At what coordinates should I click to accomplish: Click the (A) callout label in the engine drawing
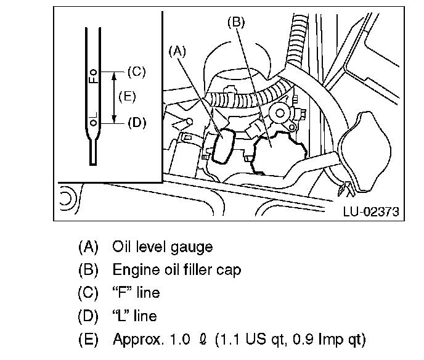coord(177,51)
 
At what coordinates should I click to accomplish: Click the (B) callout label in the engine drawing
coord(236,22)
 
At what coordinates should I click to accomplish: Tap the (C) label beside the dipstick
coord(137,72)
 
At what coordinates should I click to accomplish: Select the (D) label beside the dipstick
coord(137,123)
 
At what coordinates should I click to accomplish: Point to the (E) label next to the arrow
coord(127,97)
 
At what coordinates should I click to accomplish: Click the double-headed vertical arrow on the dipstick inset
coord(114,97)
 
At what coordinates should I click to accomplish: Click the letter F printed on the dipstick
coord(93,80)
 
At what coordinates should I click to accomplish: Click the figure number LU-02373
coord(371,211)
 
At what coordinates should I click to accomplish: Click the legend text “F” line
coord(136,293)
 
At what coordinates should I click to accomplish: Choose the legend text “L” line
coord(135,316)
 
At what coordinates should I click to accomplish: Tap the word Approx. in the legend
coord(138,340)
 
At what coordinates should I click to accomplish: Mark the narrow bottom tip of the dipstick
coord(93,163)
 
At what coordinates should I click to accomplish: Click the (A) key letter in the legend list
coord(88,247)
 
